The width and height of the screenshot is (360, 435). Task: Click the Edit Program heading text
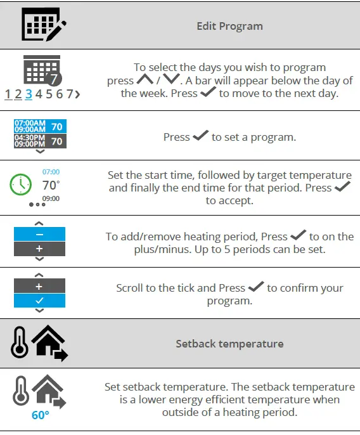coord(229,26)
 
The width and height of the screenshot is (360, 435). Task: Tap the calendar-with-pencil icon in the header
coord(43,25)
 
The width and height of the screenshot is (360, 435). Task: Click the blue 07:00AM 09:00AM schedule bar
coord(41,126)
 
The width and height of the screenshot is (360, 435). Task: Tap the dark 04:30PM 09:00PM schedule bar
coord(41,141)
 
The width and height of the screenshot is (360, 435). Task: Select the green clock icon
coord(21,185)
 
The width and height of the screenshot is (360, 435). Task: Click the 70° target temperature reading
coord(51,185)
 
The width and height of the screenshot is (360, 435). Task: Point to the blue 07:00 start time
coord(51,172)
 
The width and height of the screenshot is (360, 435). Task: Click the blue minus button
coord(41,234)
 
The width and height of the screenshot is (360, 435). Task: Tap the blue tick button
coord(41,301)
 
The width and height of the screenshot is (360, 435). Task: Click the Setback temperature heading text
coord(229,344)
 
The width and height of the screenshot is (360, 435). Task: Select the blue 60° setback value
coord(41,416)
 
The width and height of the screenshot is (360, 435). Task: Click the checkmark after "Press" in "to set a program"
coord(201,136)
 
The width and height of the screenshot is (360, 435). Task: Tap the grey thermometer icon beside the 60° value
coord(21,393)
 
